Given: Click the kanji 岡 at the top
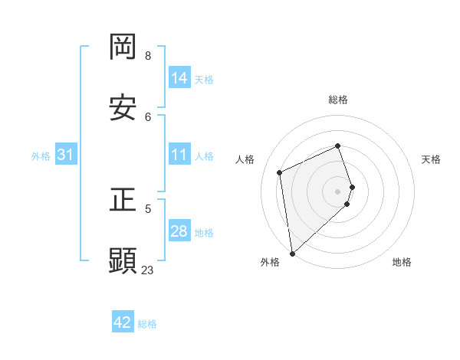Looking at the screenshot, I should (x=123, y=47).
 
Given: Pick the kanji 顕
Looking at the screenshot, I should (x=123, y=261).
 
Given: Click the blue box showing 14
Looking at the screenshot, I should (x=179, y=78).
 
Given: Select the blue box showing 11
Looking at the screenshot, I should (x=179, y=155).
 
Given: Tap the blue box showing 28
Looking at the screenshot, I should (x=179, y=231).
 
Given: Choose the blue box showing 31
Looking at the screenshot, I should (x=66, y=155).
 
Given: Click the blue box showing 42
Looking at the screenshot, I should (x=123, y=322).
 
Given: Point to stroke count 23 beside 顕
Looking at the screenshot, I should (x=147, y=270).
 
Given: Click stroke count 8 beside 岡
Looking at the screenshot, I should (x=148, y=55).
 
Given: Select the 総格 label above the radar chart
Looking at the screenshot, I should (x=338, y=100).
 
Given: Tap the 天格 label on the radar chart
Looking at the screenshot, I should (x=432, y=159).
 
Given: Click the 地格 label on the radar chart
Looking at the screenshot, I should (x=402, y=262).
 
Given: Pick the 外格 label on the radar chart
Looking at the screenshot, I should (x=270, y=262).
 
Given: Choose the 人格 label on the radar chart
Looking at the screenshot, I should (x=245, y=159).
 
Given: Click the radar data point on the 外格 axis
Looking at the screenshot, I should (x=292, y=253).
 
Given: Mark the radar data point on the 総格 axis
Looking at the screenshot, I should (x=338, y=146).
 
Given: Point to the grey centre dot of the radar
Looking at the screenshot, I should (x=338, y=191).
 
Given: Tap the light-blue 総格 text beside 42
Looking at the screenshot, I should (x=147, y=324).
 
